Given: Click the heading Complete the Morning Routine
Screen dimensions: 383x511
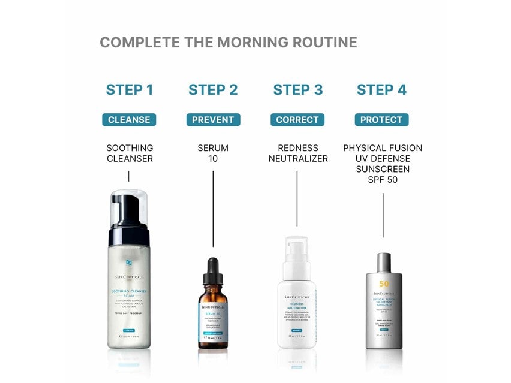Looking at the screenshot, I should coord(228,43).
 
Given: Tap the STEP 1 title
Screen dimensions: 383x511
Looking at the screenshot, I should coord(129,90).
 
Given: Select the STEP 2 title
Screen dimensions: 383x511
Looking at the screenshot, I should coord(213,90).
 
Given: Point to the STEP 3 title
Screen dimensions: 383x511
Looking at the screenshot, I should coord(297,90).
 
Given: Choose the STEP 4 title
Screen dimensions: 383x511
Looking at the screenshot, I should coord(381,90).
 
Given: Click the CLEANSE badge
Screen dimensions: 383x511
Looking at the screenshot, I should coord(129,120).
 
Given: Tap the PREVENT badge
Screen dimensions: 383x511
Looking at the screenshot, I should coord(213,120).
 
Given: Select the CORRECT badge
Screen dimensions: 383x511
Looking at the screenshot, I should coord(297,120).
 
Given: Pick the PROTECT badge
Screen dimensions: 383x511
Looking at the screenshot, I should coord(381,120).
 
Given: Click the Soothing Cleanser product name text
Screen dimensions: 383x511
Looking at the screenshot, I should coord(130,153).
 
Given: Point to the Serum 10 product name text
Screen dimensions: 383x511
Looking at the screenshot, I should coord(213,153).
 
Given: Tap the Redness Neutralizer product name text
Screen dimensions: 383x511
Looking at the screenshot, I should coord(298,153).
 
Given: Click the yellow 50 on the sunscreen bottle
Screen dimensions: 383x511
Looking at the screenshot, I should coord(383,284).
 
